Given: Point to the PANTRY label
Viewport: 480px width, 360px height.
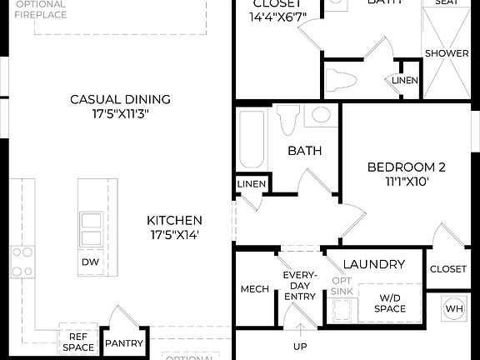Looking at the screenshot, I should click(x=123, y=343).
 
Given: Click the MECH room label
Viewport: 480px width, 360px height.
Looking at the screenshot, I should click(x=253, y=289).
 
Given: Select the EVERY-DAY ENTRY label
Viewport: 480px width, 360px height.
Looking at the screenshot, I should click(x=298, y=285).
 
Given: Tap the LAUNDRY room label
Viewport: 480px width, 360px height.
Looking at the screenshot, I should click(x=373, y=265).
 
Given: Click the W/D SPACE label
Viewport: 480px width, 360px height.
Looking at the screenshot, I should click(x=390, y=302).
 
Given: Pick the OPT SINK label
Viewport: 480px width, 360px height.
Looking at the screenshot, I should click(x=342, y=286).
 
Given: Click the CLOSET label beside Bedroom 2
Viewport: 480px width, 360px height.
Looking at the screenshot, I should click(x=447, y=269).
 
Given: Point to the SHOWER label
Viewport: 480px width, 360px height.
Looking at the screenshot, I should click(x=447, y=53).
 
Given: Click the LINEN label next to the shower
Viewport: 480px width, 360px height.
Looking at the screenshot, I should click(x=405, y=80).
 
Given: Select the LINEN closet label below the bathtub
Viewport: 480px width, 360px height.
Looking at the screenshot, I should click(x=251, y=184).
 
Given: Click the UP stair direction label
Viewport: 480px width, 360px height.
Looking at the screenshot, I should click(x=299, y=346).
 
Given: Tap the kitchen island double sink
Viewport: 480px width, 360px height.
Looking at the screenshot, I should click(x=90, y=229).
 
